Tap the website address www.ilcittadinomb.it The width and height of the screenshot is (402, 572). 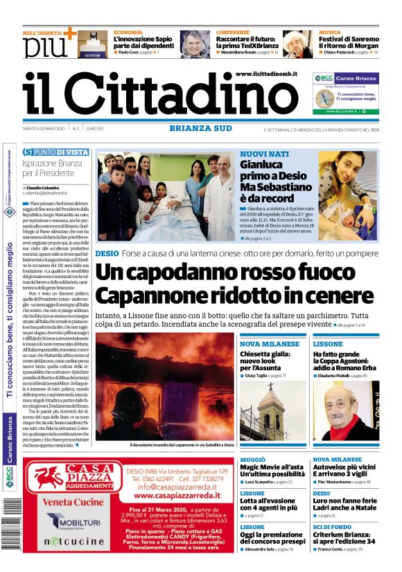(x=266, y=73)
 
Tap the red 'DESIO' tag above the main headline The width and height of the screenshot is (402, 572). (x=107, y=254)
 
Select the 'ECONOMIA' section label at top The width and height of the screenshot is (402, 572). (x=128, y=33)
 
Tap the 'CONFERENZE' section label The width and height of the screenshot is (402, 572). (x=233, y=33)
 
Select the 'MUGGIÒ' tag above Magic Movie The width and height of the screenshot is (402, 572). (x=252, y=460)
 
